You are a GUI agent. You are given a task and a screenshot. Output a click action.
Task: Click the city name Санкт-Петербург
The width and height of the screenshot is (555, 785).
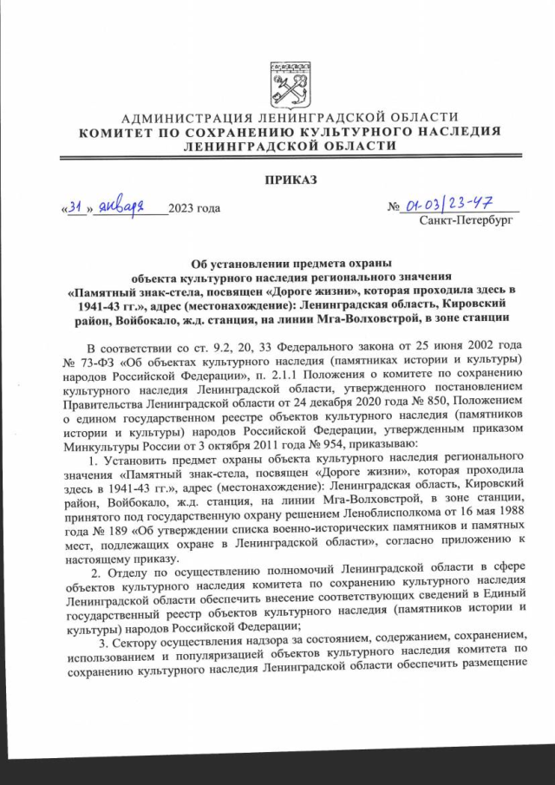467,222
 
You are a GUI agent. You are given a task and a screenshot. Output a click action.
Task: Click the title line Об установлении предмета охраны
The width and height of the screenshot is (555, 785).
291,263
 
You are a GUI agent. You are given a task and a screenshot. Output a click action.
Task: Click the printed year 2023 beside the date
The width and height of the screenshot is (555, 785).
182,209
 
